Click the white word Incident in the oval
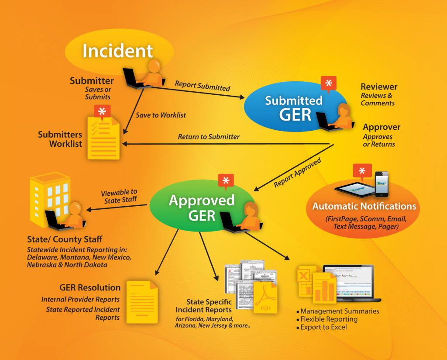118,51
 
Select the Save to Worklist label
161,115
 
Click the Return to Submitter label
209,137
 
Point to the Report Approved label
297,173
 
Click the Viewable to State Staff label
119,196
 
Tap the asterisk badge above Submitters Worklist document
102,111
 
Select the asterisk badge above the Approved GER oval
226,181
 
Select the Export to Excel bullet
321,327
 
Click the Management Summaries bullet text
340,311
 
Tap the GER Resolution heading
90,287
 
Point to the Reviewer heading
379,87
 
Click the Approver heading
382,128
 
